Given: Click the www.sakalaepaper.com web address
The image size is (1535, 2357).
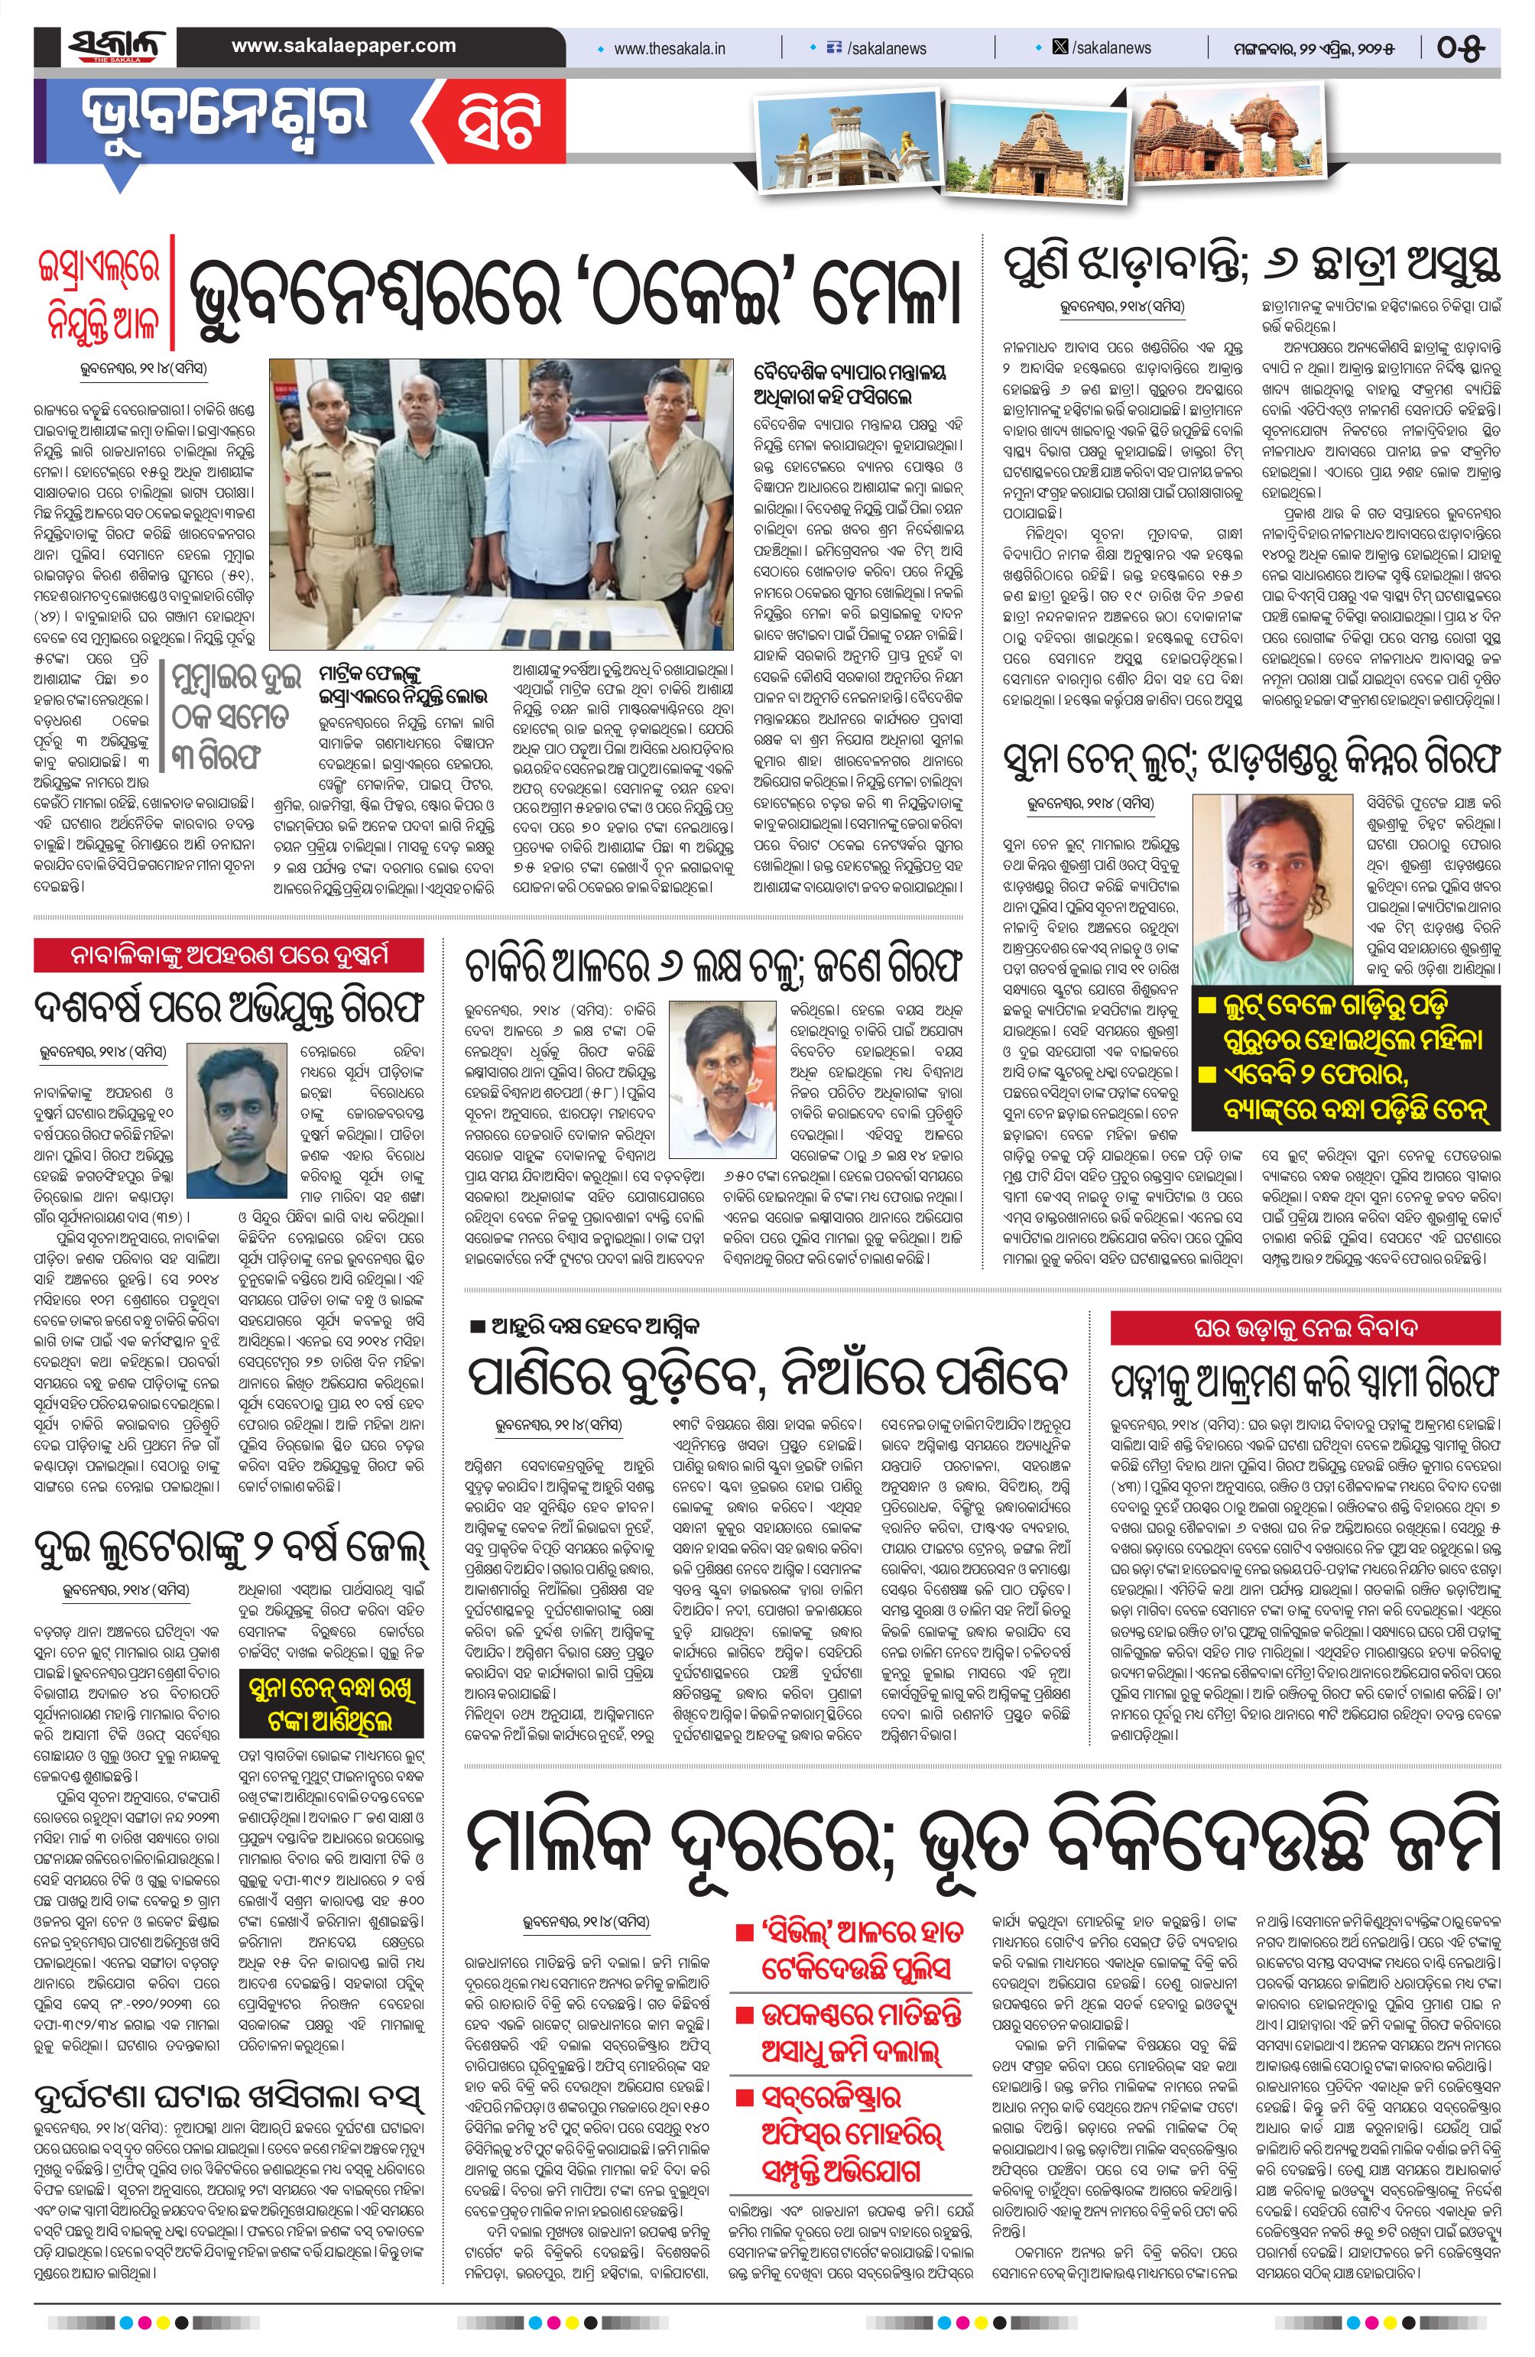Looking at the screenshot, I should click(x=344, y=46).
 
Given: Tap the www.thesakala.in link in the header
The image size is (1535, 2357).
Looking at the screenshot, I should click(x=670, y=48).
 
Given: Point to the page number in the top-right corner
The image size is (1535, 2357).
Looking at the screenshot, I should click(x=1460, y=47).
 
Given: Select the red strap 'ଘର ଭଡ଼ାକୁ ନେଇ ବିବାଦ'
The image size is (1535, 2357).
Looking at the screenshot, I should click(x=1305, y=1327).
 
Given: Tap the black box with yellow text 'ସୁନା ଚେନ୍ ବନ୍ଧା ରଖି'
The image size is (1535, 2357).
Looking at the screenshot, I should click(x=332, y=1704).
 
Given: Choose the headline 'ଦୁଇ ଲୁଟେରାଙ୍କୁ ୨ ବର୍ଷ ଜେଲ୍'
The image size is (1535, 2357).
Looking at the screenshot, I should click(x=230, y=1547).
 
